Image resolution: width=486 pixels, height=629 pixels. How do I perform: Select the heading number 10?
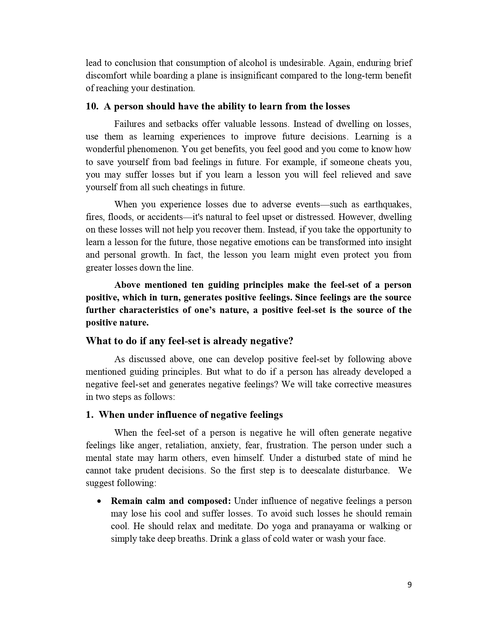pyautogui.click(x=92, y=106)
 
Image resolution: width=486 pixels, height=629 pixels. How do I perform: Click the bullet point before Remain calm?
pyautogui.click(x=100, y=501)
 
